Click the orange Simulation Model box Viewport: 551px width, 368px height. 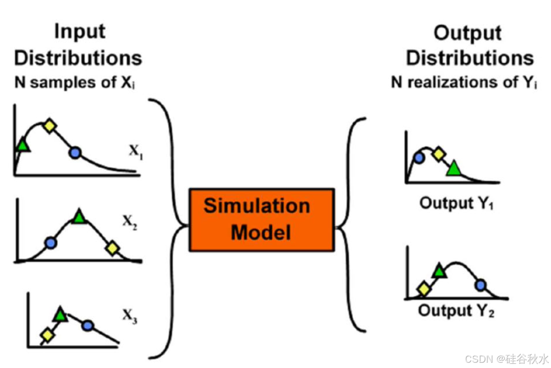pyautogui.click(x=261, y=220)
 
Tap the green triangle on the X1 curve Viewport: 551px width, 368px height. pyautogui.click(x=22, y=144)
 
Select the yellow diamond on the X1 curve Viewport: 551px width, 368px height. pyautogui.click(x=49, y=125)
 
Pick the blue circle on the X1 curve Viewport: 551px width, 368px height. pyautogui.click(x=76, y=153)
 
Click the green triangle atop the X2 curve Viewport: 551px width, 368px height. pyautogui.click(x=79, y=216)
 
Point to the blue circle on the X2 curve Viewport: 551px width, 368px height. pyautogui.click(x=50, y=242)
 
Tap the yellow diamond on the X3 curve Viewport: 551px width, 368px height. pyautogui.click(x=47, y=335)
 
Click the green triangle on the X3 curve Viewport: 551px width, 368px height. pyautogui.click(x=60, y=314)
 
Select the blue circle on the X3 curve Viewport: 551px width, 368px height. pyautogui.click(x=88, y=326)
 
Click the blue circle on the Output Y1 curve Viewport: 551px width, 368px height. pyautogui.click(x=419, y=157)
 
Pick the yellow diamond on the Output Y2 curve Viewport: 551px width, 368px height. pyautogui.click(x=423, y=289)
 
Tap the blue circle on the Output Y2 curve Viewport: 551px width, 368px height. pyautogui.click(x=481, y=286)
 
